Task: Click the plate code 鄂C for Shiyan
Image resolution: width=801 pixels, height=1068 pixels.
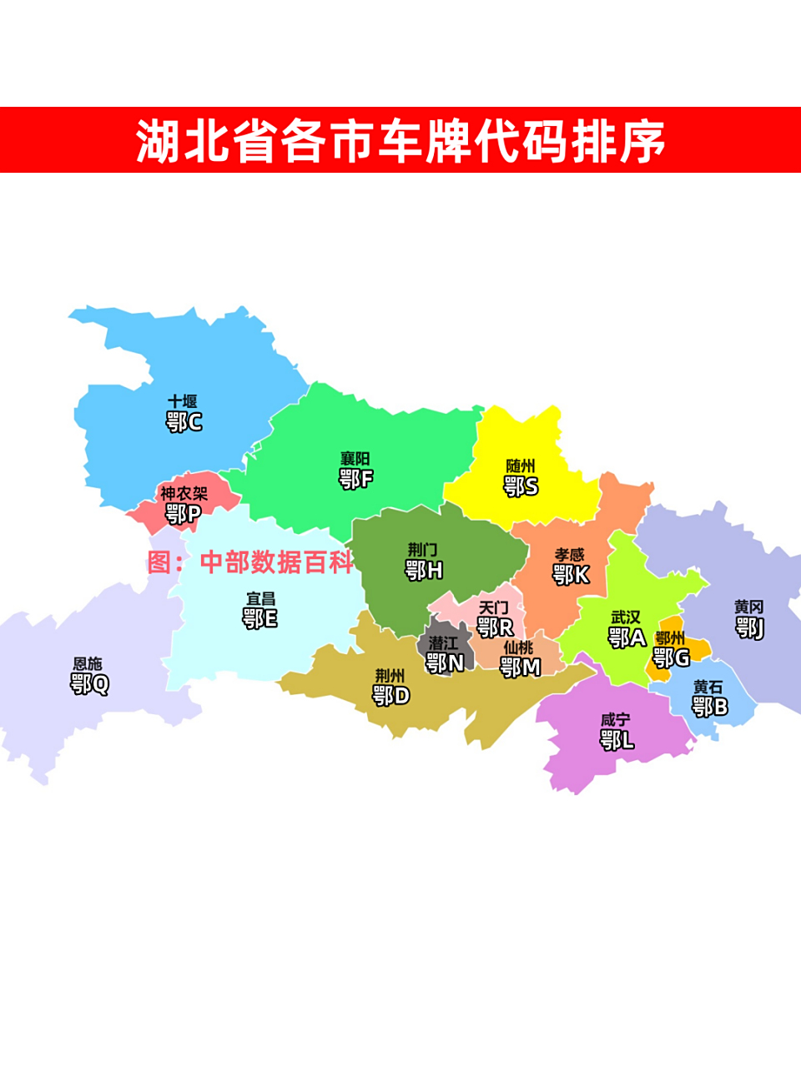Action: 184,422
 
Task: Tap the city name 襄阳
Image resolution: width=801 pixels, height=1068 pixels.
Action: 355,459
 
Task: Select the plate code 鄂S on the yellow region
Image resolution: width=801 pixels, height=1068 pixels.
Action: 521,486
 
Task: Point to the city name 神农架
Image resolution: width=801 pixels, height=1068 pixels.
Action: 184,494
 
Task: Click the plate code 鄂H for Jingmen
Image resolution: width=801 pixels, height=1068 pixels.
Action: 424,571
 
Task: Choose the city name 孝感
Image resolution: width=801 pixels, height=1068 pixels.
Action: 570,555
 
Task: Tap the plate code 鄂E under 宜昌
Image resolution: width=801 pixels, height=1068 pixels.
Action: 260,618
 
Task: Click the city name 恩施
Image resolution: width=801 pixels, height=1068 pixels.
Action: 88,664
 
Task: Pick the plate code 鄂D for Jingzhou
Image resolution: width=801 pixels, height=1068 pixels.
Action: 390,695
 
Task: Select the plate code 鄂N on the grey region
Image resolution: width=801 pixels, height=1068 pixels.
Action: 445,663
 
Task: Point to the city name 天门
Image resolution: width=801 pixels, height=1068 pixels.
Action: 494,608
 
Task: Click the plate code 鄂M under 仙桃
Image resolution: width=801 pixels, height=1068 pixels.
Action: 520,667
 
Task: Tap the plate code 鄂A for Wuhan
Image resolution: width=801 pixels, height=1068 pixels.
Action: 627,638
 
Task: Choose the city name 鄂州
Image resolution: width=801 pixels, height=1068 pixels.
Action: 670,638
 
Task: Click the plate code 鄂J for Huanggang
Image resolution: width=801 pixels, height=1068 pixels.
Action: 749,627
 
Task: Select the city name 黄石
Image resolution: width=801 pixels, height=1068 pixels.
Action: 708,688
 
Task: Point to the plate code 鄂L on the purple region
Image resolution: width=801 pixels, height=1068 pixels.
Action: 617,739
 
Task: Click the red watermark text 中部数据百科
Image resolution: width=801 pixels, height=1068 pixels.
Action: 277,562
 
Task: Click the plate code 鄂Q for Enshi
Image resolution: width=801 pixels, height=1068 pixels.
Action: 89,684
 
